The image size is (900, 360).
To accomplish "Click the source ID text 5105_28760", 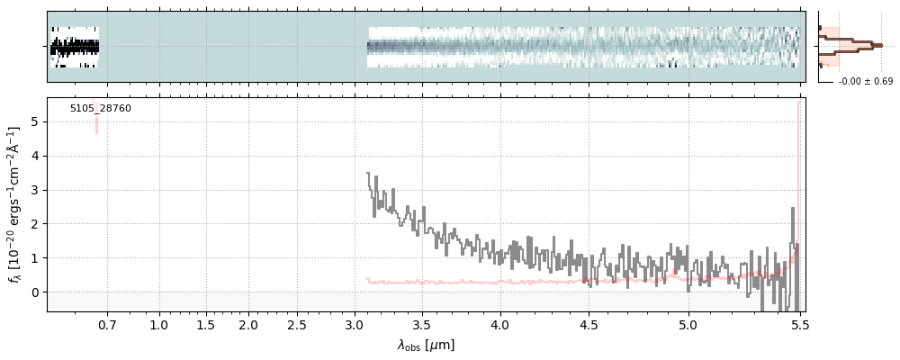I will [x=101, y=109].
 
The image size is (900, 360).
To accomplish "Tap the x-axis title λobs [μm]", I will [x=426, y=345].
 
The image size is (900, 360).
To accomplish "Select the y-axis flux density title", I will [x=15, y=205].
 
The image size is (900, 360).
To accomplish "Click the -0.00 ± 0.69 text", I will [x=865, y=82].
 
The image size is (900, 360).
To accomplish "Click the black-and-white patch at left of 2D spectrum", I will [x=75, y=47].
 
